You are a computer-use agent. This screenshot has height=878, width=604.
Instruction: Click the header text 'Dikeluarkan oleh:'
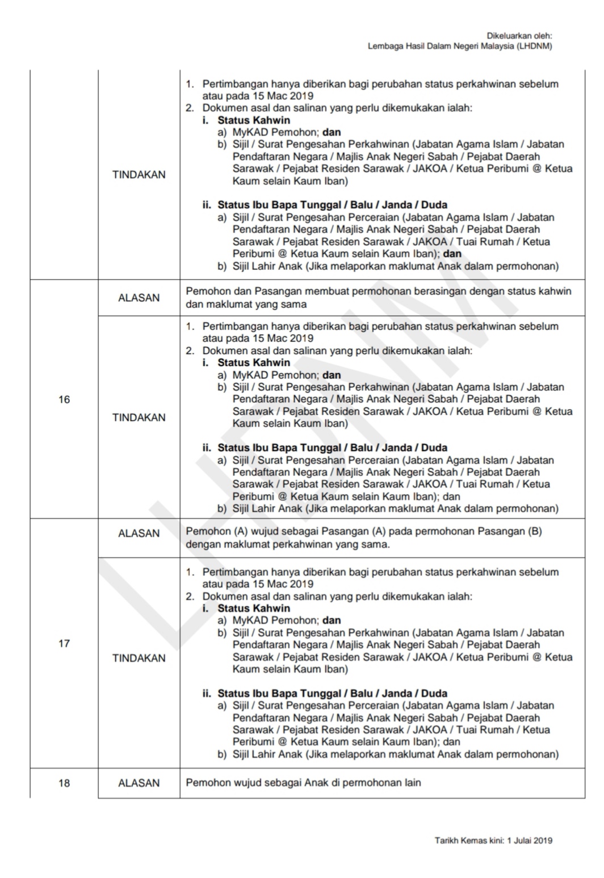[x=519, y=36]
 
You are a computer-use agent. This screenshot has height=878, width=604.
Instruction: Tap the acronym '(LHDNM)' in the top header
[x=534, y=47]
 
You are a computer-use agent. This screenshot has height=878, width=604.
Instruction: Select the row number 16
[x=64, y=399]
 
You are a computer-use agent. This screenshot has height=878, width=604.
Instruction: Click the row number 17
[x=64, y=643]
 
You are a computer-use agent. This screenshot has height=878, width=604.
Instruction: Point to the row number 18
[x=64, y=783]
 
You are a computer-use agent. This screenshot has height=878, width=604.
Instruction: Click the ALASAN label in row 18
[x=139, y=783]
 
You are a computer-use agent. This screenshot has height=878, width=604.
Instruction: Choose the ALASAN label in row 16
[x=139, y=298]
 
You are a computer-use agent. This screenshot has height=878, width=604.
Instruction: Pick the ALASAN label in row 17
[x=139, y=533]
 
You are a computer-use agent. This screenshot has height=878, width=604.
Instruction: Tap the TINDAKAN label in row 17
[x=139, y=658]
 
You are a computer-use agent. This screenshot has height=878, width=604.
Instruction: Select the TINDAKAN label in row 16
[x=139, y=417]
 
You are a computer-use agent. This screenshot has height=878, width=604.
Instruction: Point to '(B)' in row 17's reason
[x=535, y=532]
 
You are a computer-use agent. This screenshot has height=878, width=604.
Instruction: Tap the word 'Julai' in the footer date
[x=523, y=841]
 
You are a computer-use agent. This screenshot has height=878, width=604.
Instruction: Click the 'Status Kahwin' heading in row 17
[x=254, y=608]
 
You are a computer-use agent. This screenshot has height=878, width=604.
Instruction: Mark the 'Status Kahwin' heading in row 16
[x=254, y=362]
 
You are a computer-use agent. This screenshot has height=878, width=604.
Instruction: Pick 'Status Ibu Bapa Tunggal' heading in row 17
[x=278, y=693]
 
